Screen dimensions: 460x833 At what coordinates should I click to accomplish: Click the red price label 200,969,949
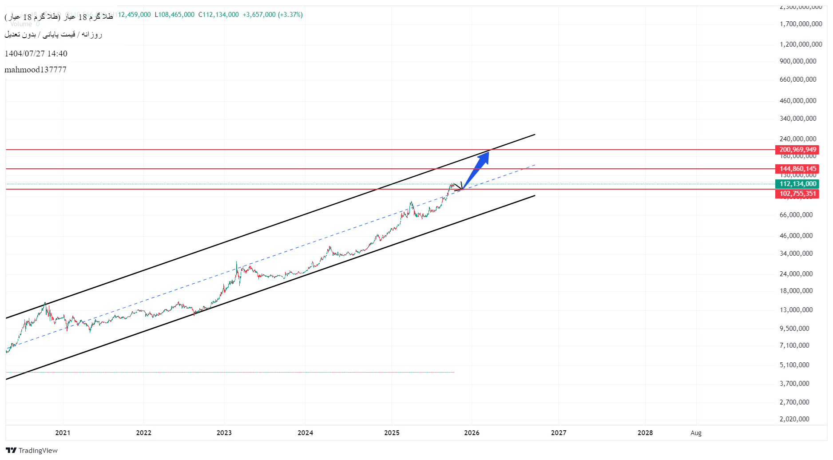tap(797, 150)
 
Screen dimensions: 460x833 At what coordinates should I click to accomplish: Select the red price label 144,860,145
tap(797, 169)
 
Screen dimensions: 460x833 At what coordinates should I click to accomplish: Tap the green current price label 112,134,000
tap(797, 184)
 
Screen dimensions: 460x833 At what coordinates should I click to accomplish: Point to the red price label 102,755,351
tap(797, 194)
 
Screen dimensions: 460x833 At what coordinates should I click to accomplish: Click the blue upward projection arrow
tap(478, 168)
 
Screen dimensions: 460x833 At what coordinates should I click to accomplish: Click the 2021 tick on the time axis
tap(63, 433)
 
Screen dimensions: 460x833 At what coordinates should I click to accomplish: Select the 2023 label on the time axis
tap(224, 433)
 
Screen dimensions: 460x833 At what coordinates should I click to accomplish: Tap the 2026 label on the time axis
tap(472, 433)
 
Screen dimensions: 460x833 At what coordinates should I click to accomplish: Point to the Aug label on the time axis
tap(696, 433)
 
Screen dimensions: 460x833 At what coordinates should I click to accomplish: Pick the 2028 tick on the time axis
tap(645, 433)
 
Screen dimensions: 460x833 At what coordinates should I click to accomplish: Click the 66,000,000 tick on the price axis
tap(796, 215)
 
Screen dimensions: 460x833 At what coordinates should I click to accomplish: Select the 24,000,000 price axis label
tap(796, 274)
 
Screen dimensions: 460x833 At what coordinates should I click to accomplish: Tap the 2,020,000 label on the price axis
tap(794, 419)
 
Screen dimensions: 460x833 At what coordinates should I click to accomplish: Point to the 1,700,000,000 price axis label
tap(801, 24)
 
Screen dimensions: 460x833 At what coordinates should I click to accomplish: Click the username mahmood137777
tap(36, 70)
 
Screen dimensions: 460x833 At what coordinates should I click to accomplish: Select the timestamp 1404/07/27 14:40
tap(36, 54)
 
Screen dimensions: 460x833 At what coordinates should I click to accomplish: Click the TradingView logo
tap(32, 451)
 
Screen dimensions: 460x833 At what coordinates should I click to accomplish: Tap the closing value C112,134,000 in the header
tap(218, 15)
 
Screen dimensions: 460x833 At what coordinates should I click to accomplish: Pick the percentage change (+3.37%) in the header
tap(290, 15)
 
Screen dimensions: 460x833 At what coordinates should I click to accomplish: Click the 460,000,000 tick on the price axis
tap(798, 101)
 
